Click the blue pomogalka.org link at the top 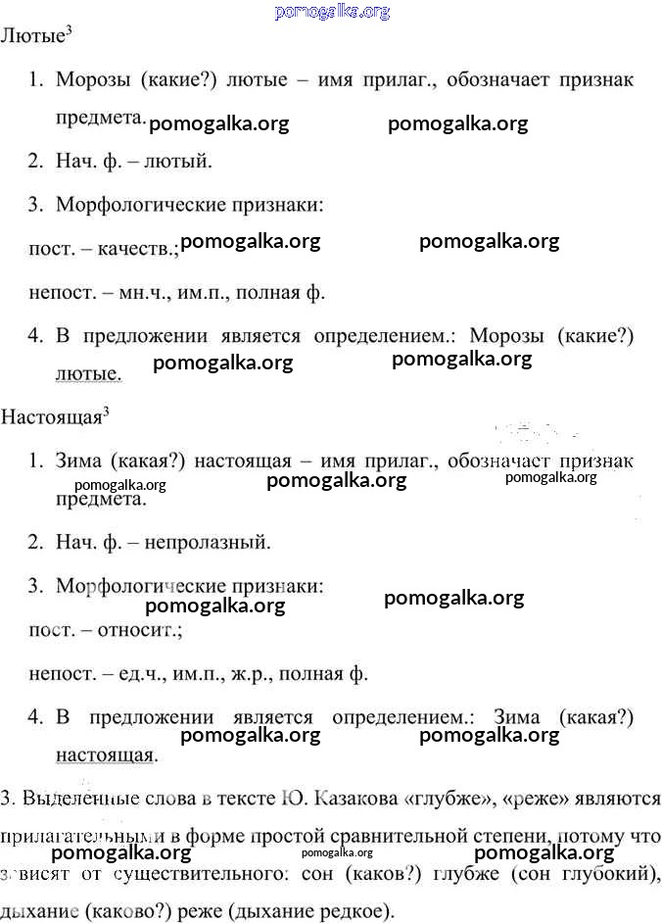pyautogui.click(x=333, y=12)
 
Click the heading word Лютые pyautogui.click(x=31, y=37)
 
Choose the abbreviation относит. pyautogui.click(x=138, y=629)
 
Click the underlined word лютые pyautogui.click(x=88, y=373)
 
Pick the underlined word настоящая pyautogui.click(x=106, y=754)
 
